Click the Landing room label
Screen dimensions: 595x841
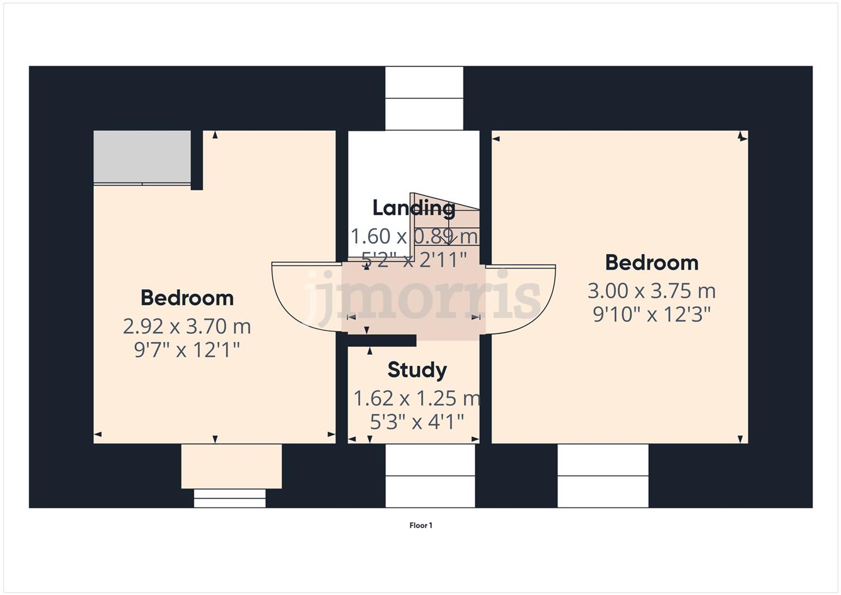(413, 208)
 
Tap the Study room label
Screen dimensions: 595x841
(417, 370)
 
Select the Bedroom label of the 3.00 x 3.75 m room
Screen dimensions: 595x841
(651, 263)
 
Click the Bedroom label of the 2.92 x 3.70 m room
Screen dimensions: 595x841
(187, 298)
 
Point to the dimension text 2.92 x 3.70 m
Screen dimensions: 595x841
(187, 327)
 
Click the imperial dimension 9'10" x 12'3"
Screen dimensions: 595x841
(651, 315)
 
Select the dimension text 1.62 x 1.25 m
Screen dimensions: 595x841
(417, 398)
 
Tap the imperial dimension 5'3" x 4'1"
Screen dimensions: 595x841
(417, 422)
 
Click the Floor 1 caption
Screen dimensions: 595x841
(420, 525)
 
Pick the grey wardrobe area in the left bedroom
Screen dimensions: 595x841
(142, 156)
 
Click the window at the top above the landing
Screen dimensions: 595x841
(424, 98)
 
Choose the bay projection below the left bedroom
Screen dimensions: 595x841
(231, 466)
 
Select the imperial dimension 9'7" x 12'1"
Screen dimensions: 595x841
(187, 350)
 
